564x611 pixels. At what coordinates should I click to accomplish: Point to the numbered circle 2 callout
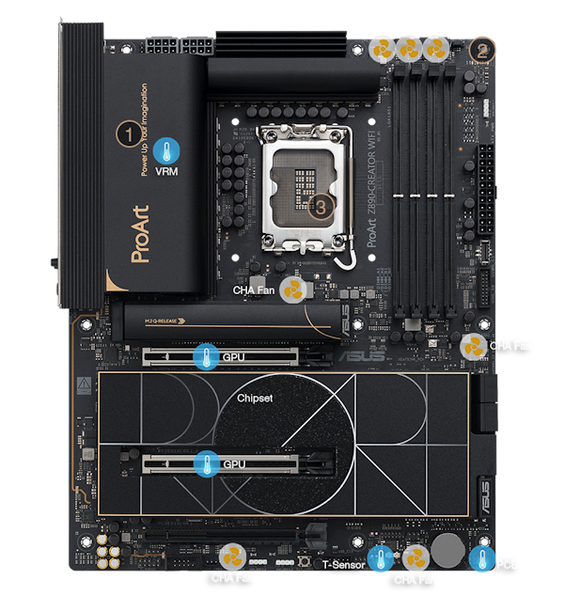(481, 50)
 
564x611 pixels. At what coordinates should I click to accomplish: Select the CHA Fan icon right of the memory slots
(473, 346)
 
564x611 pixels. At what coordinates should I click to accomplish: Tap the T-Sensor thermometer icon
(380, 561)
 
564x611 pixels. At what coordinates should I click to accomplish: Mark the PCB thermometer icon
(481, 560)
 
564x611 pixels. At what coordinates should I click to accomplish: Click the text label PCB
(508, 564)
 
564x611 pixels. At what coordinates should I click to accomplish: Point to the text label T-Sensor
(343, 565)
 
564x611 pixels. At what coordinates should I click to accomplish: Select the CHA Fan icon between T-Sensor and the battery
(415, 559)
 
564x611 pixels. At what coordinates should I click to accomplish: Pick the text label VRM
(167, 172)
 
